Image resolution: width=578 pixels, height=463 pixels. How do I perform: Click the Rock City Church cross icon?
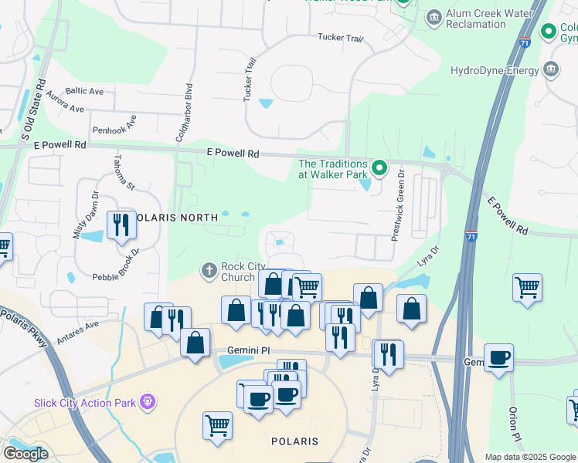[x=208, y=271]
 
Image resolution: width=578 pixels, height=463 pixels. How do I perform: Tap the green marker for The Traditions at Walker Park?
[x=379, y=167]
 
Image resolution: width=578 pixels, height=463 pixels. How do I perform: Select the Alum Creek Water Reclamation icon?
[x=433, y=16]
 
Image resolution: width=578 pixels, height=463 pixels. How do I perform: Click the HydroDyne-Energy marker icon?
[x=551, y=70]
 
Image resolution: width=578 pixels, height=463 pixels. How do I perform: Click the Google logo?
[x=25, y=453]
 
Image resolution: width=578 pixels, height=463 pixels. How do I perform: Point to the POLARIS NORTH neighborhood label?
[x=173, y=218]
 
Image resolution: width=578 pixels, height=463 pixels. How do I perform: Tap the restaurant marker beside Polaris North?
[x=121, y=225]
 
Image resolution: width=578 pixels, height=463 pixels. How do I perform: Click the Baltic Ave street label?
[x=84, y=91]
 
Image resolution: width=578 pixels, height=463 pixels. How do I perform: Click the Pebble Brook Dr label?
[x=115, y=265]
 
